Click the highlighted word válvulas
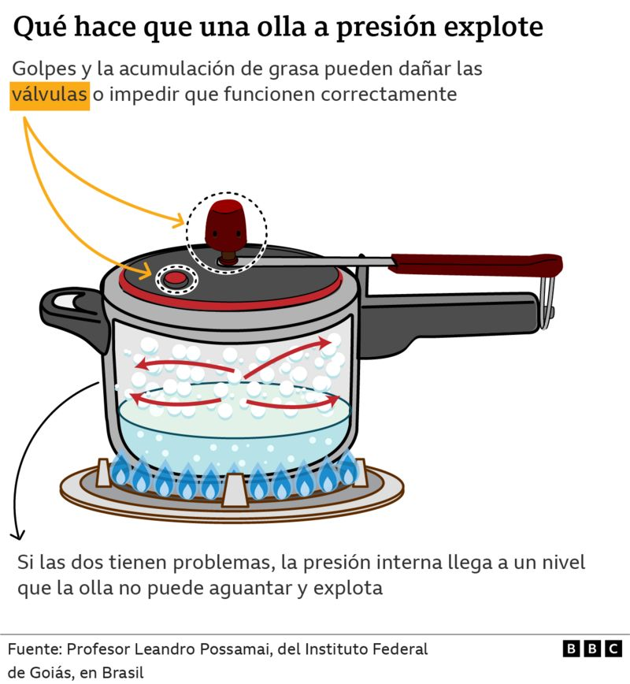pos(50,95)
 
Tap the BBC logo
pos(592,649)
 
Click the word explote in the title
pos(494,28)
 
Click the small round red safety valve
pos(176,279)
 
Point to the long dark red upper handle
pos(475,264)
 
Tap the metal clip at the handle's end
pos(547,301)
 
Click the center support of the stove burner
pos(235,490)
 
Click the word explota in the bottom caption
pos(348,589)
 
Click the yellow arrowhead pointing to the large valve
pos(180,221)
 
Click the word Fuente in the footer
pos(35,649)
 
